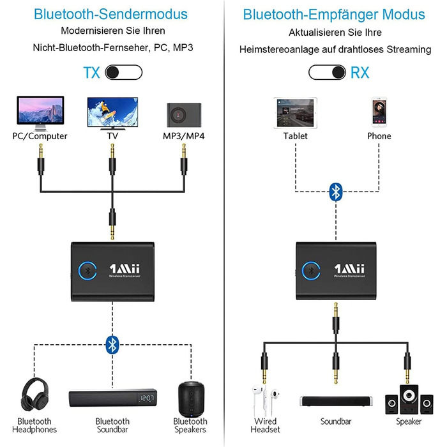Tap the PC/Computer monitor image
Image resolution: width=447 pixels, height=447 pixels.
pyautogui.click(x=40, y=112)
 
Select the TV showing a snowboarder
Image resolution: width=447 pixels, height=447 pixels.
pyautogui.click(x=112, y=112)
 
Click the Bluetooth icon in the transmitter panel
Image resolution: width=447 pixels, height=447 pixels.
pyautogui.click(x=112, y=345)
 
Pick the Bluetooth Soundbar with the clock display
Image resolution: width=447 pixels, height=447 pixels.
pyautogui.click(x=112, y=399)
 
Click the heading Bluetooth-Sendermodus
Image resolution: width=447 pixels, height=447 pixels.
pyautogui.click(x=111, y=13)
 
